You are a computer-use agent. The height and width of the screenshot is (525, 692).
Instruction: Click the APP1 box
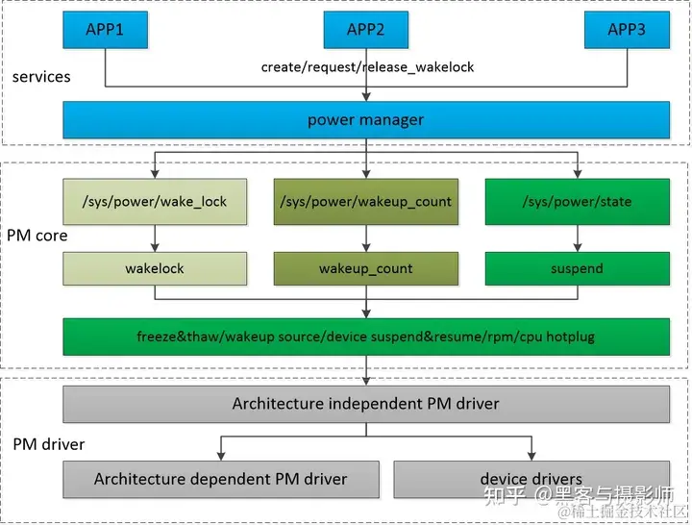coord(105,30)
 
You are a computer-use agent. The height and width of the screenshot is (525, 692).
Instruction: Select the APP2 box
coord(365,30)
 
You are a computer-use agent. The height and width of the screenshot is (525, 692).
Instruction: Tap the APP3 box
coord(627,30)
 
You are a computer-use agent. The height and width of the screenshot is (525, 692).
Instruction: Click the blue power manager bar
coord(365,120)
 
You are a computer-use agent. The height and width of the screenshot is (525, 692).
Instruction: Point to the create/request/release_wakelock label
coord(368,67)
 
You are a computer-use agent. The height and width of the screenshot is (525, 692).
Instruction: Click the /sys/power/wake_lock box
coord(155,202)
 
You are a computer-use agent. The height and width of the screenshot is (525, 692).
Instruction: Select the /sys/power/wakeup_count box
coord(365,202)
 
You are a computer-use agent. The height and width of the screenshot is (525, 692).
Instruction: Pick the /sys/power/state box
coord(577,202)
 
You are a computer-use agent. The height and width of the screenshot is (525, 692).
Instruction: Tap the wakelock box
coord(155,268)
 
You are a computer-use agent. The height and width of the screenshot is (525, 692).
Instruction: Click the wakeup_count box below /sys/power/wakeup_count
coord(365,268)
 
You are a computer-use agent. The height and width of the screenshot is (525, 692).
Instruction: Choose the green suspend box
coord(577,268)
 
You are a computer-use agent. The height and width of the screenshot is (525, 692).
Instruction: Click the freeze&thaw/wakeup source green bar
coord(365,337)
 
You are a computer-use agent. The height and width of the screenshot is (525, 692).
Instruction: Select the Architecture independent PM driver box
coord(365,404)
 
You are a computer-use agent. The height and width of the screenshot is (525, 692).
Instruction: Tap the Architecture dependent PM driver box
coord(221,478)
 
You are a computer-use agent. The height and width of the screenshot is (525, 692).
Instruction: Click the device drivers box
coord(531,478)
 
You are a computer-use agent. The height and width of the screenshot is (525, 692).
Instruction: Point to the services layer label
coord(41,76)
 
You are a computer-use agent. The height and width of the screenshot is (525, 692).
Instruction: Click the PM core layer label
coord(37,235)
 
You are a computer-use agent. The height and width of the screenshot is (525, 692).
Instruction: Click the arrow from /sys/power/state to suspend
coord(577,238)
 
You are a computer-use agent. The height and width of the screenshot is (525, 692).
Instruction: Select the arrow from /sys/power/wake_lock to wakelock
coord(155,238)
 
